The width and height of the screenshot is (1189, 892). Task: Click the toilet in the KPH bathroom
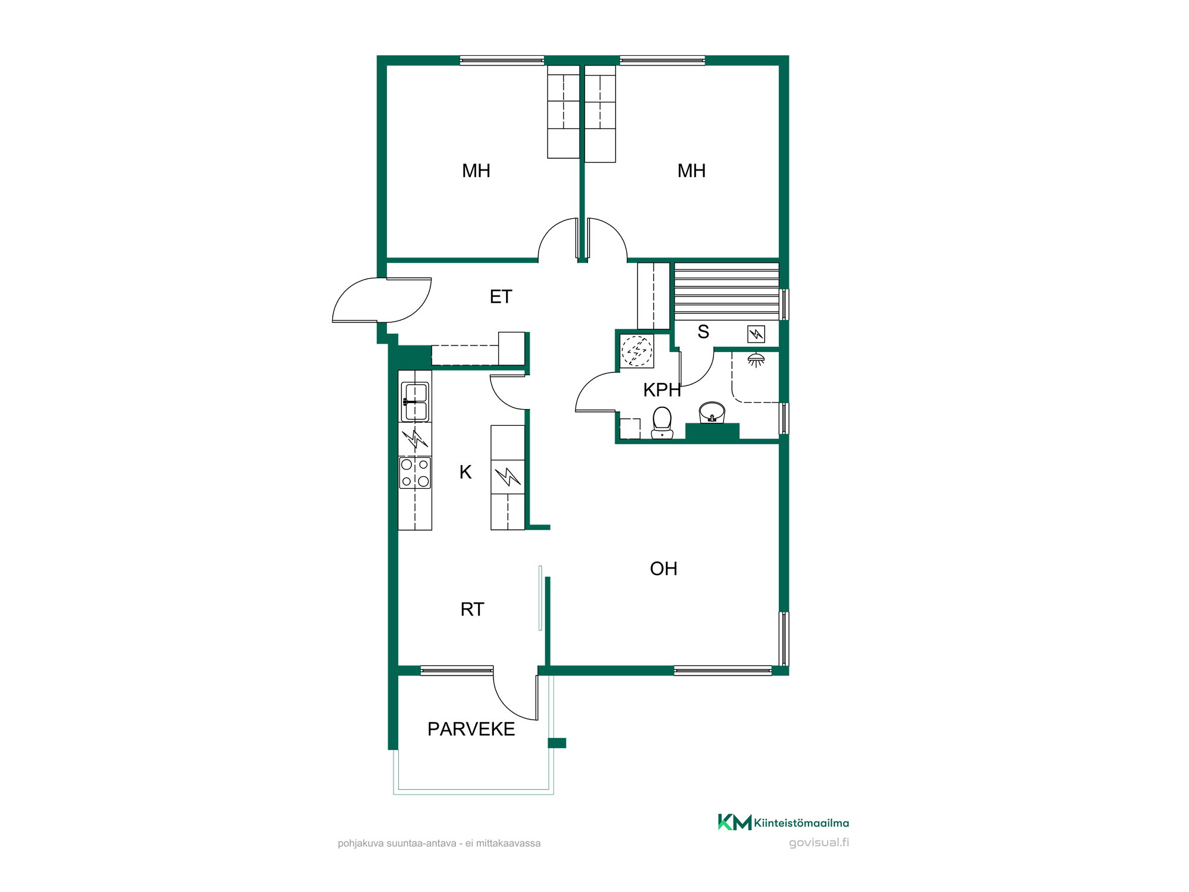point(662,423)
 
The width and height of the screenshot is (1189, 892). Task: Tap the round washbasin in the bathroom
point(712,412)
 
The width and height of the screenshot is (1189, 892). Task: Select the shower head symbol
point(756,360)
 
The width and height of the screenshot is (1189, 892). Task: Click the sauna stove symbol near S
point(756,334)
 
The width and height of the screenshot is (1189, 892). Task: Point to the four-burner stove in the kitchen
point(415,473)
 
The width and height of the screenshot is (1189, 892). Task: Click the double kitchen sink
point(415,402)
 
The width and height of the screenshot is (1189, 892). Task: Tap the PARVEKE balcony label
point(471,729)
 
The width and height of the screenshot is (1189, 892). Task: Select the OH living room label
point(663,569)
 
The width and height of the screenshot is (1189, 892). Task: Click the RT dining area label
point(472,610)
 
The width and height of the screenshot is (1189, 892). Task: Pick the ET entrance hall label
point(501,297)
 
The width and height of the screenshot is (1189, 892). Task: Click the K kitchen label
point(465,472)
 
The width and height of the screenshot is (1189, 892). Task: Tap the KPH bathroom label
point(662,390)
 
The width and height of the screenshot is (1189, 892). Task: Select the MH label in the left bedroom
point(476,171)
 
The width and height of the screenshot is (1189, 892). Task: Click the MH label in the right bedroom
point(691,171)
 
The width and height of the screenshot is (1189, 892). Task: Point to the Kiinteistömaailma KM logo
point(784,822)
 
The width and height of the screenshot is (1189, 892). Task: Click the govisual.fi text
point(819,843)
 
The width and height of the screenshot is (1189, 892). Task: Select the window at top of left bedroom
point(502,60)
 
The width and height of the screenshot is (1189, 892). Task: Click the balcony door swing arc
point(510,702)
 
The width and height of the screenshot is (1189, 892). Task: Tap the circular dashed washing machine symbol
point(637,351)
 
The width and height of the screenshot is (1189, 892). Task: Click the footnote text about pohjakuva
point(439,843)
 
